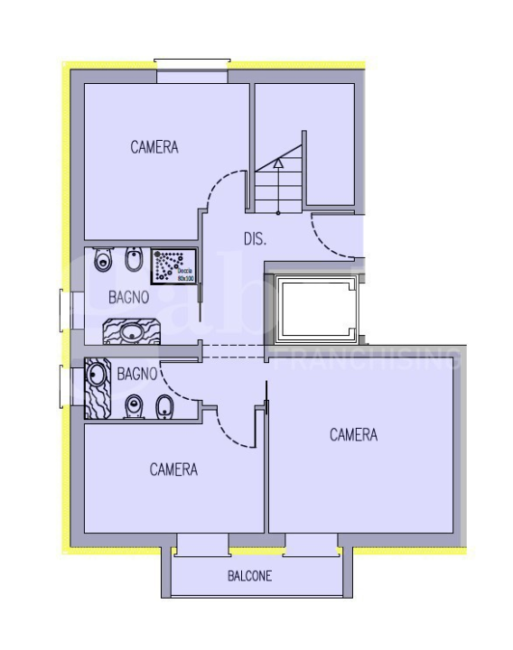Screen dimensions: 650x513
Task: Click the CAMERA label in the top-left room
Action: [154, 147]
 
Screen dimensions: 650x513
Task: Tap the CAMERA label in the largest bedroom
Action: [353, 435]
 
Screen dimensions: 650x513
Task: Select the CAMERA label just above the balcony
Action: [173, 469]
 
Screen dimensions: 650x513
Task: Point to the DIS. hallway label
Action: [255, 239]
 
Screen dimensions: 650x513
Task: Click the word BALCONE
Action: [249, 576]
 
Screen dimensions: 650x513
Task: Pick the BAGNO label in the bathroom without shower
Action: [138, 371]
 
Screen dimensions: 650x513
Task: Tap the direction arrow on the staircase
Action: [278, 164]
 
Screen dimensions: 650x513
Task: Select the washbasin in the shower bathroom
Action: [133, 332]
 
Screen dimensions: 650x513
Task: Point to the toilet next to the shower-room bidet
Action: [102, 262]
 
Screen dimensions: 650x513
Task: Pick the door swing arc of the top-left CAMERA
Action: [219, 190]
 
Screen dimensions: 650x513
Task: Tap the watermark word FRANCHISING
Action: [366, 361]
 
